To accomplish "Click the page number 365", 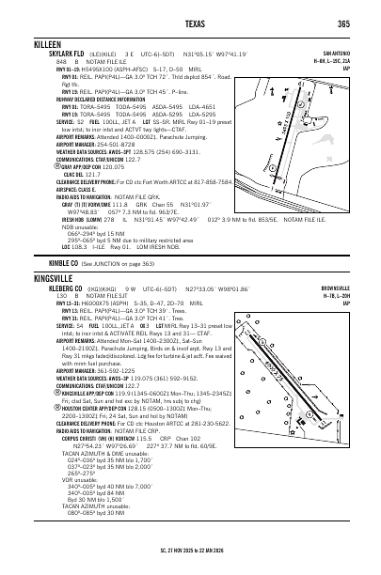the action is [343, 23].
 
